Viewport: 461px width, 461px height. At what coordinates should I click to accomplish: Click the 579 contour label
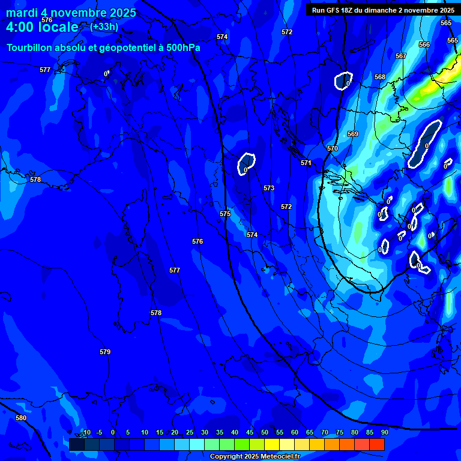pyautogui.click(x=105, y=352)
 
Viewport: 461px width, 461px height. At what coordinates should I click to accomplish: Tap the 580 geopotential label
pyautogui.click(x=21, y=418)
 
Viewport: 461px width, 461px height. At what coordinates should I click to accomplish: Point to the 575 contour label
pyautogui.click(x=225, y=214)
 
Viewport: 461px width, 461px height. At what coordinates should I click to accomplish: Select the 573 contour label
pyautogui.click(x=269, y=188)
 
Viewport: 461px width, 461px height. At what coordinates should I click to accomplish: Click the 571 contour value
pyautogui.click(x=306, y=163)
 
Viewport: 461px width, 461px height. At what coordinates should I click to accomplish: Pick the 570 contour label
pyautogui.click(x=333, y=148)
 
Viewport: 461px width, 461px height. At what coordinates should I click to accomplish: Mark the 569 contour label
pyautogui.click(x=353, y=134)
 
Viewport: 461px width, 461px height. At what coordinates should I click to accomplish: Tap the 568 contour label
pyautogui.click(x=380, y=77)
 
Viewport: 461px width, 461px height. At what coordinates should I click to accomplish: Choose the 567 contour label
pyautogui.click(x=401, y=56)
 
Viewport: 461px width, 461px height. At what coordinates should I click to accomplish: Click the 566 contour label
pyautogui.click(x=424, y=44)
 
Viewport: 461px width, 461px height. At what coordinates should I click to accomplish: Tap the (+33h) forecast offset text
pyautogui.click(x=104, y=26)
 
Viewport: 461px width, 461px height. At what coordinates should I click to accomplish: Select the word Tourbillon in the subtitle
pyautogui.click(x=30, y=48)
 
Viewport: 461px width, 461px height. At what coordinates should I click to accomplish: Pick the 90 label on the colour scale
pyautogui.click(x=384, y=432)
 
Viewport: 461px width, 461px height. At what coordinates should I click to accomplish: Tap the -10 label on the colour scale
pyautogui.click(x=86, y=432)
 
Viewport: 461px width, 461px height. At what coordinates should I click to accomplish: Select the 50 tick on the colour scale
pyautogui.click(x=265, y=432)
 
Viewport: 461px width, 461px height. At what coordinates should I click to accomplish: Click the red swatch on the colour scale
pyautogui.click(x=376, y=444)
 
